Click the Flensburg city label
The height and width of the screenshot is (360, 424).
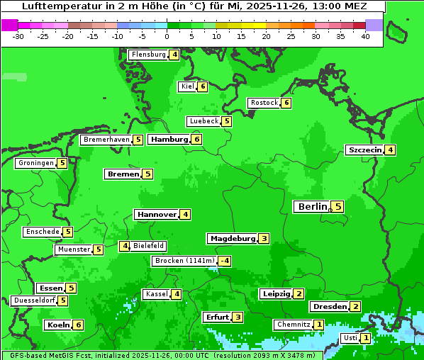pos(148,55)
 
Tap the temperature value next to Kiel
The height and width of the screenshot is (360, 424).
pos(203,86)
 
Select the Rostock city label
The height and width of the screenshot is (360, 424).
pos(264,103)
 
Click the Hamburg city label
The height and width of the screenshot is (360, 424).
pos(169,140)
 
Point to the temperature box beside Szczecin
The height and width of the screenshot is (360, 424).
pos(390,150)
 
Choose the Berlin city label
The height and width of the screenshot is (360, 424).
pos(312,207)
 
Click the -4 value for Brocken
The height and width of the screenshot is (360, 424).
pos(224,261)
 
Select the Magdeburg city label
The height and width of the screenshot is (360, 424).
pos(232,238)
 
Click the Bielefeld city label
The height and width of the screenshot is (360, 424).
pos(149,246)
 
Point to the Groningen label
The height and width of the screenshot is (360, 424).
pos(35,163)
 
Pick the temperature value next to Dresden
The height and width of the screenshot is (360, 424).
pos(355,307)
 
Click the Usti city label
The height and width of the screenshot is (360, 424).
pos(350,338)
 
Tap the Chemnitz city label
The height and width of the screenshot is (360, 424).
pos(294,325)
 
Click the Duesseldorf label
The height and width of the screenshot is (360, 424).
pos(34,300)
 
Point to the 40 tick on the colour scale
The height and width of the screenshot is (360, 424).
pos(365,35)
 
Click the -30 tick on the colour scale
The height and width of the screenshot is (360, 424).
pos(18,35)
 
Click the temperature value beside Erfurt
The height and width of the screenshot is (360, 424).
pos(238,317)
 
